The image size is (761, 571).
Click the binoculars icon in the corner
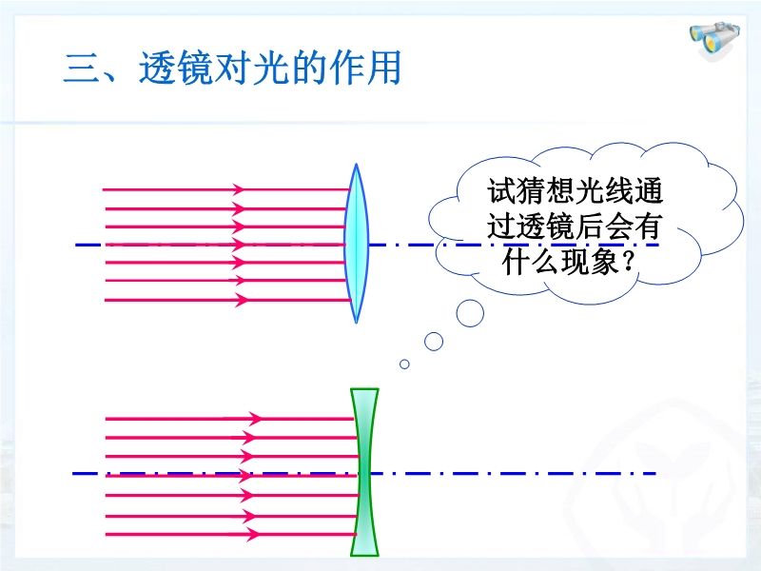(714, 39)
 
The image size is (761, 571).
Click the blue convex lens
(356, 244)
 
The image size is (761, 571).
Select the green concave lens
(364, 472)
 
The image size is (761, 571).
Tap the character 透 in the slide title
(157, 68)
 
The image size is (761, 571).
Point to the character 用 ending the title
(383, 68)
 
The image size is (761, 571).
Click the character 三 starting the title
(81, 68)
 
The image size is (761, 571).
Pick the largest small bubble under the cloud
(470, 313)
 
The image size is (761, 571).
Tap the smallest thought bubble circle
(404, 364)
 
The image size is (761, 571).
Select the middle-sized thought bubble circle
(434, 342)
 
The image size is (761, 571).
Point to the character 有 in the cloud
(647, 226)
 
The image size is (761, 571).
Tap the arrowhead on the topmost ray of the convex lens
(238, 189)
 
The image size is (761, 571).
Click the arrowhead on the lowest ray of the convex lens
(242, 300)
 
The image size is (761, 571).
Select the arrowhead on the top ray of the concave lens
(256, 418)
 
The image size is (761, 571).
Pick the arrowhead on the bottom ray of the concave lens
(253, 535)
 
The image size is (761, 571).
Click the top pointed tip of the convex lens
(356, 164)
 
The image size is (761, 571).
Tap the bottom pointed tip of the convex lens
(356, 323)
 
